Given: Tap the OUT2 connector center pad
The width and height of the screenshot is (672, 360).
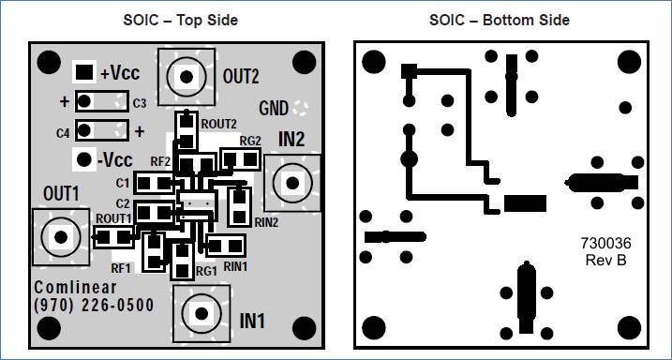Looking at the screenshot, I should [187, 77].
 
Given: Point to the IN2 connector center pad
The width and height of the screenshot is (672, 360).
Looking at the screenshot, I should [291, 181].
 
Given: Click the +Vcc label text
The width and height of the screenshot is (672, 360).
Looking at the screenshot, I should [121, 72].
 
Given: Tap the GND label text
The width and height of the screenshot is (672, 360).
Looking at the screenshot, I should [274, 108].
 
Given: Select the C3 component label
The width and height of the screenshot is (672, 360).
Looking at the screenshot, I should [139, 102].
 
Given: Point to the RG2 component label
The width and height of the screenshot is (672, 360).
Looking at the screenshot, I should [250, 142].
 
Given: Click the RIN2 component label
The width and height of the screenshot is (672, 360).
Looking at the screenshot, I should [265, 222].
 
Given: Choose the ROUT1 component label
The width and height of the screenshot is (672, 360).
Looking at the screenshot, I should [113, 218].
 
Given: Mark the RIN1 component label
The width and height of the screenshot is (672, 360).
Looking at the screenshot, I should [235, 266].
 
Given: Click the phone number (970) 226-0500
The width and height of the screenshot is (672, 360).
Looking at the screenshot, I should [94, 306].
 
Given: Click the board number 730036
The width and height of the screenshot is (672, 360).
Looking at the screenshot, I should [605, 243].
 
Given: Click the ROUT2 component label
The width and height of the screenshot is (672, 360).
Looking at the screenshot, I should [218, 123].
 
